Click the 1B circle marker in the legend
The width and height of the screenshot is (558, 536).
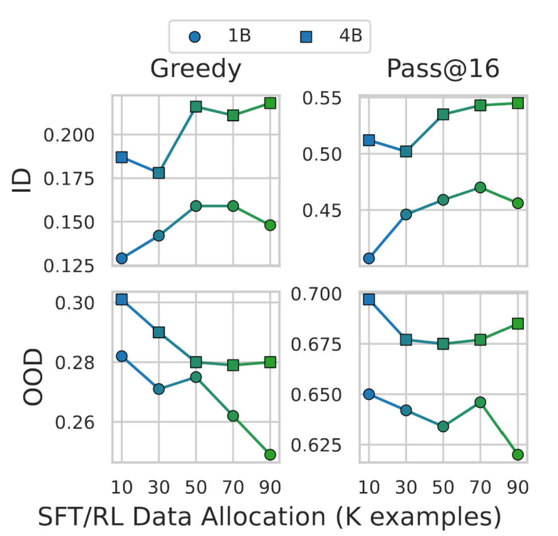coord(195,37)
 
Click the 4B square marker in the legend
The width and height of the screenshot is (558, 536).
coord(306,37)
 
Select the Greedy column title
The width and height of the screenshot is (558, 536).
coord(195,69)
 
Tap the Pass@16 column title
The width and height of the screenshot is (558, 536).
coord(443,69)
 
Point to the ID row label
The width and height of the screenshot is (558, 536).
coord(21,180)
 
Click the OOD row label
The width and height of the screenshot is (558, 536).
coord(33,377)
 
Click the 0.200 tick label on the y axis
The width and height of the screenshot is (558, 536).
coord(69,135)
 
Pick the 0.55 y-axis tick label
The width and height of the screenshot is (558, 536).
coord(322,98)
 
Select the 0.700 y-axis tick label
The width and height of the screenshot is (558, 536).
coord(316,294)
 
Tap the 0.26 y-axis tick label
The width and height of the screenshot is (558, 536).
coord(75,423)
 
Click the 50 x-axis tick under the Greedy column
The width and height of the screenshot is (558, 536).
coord(196,487)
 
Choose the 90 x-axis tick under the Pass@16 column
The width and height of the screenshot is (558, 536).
coord(518,487)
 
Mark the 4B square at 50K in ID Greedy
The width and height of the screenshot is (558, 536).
coord(196,107)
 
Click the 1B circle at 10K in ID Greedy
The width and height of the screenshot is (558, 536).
coord(122,258)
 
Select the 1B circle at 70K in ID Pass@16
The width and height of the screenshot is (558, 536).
coord(480,188)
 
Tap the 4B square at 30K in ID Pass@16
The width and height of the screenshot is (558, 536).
coord(406,151)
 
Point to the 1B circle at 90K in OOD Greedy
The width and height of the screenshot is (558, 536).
coord(270,454)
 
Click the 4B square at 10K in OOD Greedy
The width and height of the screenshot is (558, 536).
coord(122,299)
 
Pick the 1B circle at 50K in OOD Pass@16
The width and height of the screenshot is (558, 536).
coord(443,426)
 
